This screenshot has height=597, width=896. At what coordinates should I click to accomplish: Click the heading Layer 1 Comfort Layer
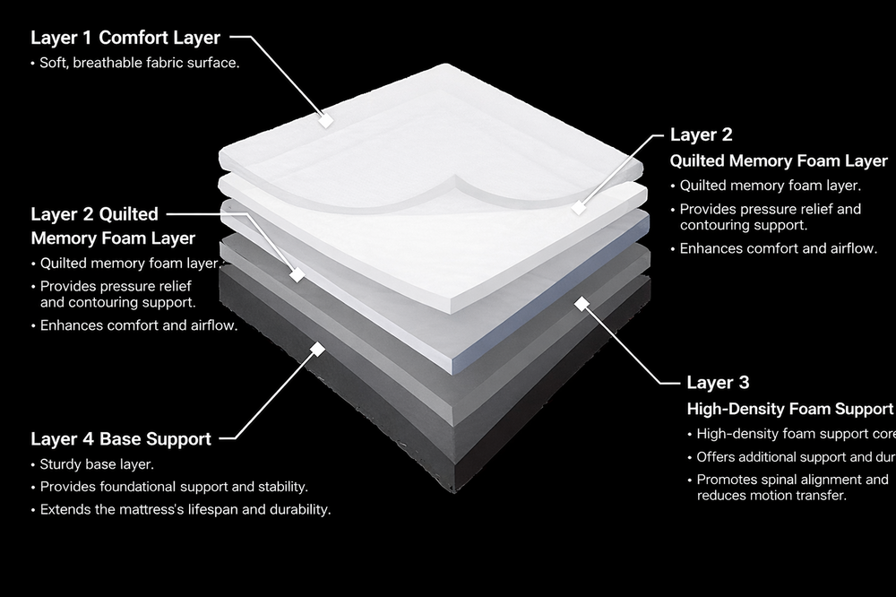pos(125,38)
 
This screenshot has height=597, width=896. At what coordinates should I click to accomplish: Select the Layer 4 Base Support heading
pos(121,439)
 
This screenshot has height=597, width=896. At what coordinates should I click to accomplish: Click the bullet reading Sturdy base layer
pos(97,464)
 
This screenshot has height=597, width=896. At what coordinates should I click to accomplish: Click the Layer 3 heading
pos(718,383)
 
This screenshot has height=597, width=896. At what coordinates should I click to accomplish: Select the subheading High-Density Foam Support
pos(789,410)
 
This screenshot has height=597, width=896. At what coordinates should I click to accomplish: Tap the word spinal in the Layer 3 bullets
pos(781,480)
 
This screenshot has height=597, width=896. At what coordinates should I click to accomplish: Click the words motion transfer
pos(803,495)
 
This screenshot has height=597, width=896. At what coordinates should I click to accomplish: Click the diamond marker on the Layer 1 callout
pos(327,118)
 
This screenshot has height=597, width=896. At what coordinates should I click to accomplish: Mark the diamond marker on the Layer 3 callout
pos(582,304)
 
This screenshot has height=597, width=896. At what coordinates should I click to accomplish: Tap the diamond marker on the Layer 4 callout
pos(315,348)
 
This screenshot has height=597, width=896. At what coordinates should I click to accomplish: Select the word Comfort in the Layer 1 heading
pos(134,38)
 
